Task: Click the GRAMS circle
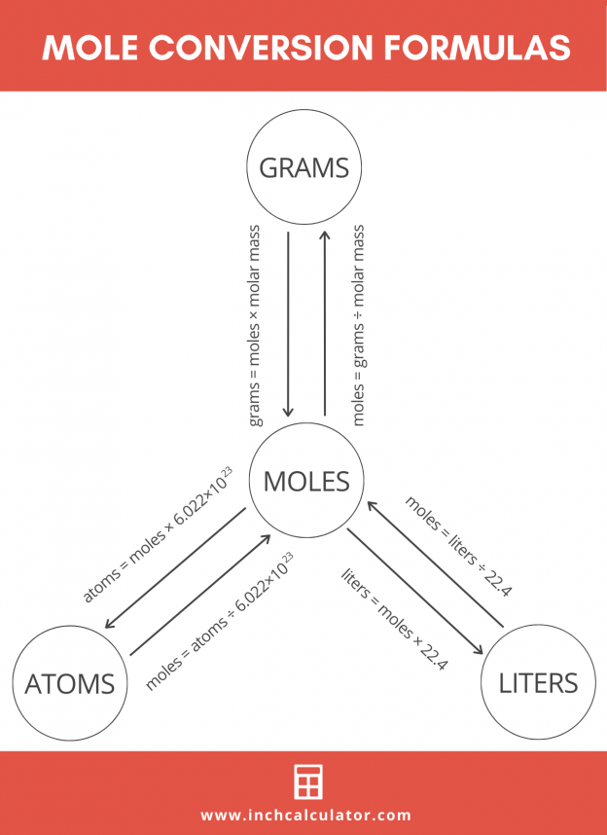(x=303, y=168)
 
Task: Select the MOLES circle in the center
(x=306, y=481)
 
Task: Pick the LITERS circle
(x=538, y=682)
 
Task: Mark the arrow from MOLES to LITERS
(x=414, y=595)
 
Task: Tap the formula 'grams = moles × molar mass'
(x=256, y=325)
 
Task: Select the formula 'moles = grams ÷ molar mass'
(x=359, y=325)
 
